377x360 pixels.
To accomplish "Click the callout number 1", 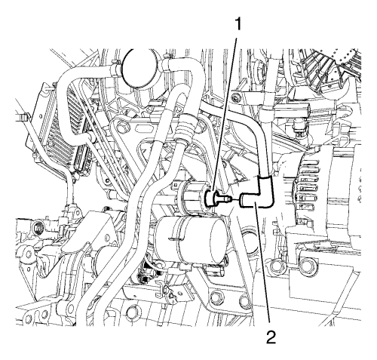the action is (238, 25).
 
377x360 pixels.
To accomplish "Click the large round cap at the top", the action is (137, 68).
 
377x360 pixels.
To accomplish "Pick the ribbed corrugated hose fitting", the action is (186, 128).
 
